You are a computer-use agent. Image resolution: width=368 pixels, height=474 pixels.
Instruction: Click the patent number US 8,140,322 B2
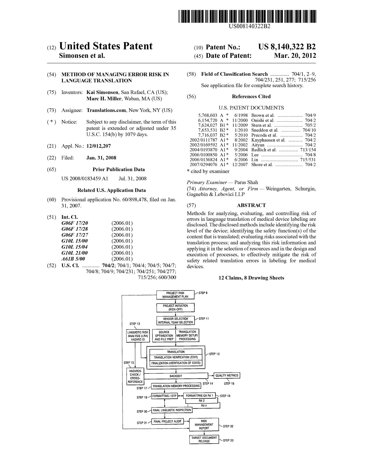(287, 47)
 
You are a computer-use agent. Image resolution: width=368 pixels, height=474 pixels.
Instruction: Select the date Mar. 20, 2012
(295, 56)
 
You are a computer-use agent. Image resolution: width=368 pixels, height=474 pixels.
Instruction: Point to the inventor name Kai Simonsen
(102, 92)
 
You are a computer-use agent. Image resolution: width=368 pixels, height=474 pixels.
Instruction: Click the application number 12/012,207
(98, 146)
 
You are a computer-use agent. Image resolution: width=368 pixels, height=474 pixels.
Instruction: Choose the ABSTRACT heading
(251, 205)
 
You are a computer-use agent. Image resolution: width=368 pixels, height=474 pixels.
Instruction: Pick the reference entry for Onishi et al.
(263, 120)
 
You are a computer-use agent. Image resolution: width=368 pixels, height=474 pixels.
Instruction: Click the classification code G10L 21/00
(74, 253)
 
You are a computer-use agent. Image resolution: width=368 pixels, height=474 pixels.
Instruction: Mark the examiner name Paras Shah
(246, 182)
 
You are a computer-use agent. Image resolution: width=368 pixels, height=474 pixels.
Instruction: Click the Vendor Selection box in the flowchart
(175, 321)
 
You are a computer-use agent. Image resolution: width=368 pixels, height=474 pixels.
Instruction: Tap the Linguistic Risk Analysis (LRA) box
(138, 336)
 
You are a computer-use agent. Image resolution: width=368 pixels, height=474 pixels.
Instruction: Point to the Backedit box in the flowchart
(176, 376)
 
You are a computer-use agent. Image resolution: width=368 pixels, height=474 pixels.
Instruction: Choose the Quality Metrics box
(227, 375)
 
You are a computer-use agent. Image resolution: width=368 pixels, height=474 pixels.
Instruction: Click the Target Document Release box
(204, 439)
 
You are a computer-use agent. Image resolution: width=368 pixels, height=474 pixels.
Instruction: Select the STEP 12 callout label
(214, 354)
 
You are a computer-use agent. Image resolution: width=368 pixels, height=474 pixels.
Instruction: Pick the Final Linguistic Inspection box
(172, 410)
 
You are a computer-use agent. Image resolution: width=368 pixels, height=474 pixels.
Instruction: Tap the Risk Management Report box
(204, 425)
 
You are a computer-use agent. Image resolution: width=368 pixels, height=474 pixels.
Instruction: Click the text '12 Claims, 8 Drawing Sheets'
(251, 278)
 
